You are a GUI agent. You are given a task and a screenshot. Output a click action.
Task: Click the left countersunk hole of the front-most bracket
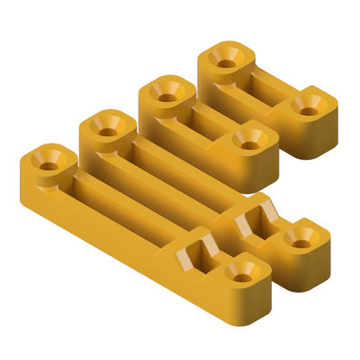coord(48,161)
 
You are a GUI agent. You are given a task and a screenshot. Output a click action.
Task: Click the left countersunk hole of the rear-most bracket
coord(227,61)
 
